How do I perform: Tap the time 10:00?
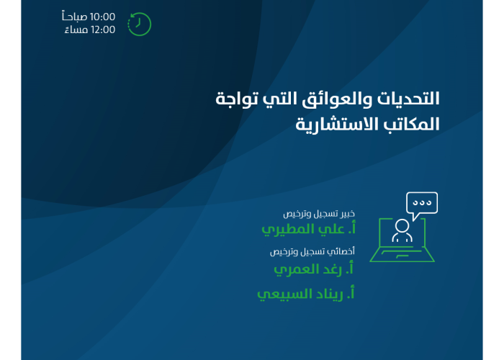pyautogui.click(x=102, y=17)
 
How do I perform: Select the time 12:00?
pyautogui.click(x=103, y=30)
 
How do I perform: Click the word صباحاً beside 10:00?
pyautogui.click(x=75, y=16)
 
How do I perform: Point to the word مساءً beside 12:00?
pyautogui.click(x=76, y=30)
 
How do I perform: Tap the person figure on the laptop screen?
pyautogui.click(x=402, y=230)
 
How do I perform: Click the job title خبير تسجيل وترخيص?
pyautogui.click(x=319, y=214)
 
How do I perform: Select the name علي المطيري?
pyautogui.click(x=309, y=230)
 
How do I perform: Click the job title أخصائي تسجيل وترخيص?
pyautogui.click(x=312, y=251)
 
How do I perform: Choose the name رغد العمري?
pyautogui.click(x=313, y=269)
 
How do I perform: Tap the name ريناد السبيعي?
pyautogui.click(x=306, y=294)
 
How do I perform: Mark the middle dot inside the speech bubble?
pyautogui.click(x=422, y=203)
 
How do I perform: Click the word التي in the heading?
pyautogui.click(x=275, y=99)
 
